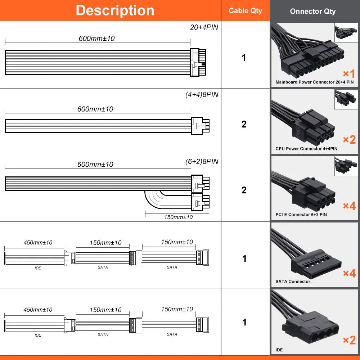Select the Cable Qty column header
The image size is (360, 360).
click(x=246, y=10)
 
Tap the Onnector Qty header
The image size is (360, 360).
click(x=312, y=11)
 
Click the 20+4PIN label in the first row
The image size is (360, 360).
click(x=204, y=27)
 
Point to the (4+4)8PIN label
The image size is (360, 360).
click(x=202, y=95)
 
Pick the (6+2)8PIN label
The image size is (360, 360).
click(x=202, y=161)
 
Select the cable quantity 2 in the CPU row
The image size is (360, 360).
click(x=244, y=124)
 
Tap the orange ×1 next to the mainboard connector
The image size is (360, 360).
click(x=349, y=74)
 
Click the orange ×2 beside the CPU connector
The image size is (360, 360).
click(x=349, y=140)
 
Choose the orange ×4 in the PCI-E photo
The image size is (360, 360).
click(x=349, y=206)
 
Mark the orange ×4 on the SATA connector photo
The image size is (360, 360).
click(x=349, y=273)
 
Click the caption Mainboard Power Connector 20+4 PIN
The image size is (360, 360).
click(x=314, y=82)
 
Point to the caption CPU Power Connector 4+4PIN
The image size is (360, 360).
click(x=306, y=149)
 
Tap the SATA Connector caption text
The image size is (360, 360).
click(x=293, y=282)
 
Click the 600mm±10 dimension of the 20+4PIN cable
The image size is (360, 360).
click(x=96, y=39)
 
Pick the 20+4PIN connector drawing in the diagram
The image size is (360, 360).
click(x=198, y=62)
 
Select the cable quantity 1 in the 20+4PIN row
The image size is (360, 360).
click(x=244, y=58)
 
